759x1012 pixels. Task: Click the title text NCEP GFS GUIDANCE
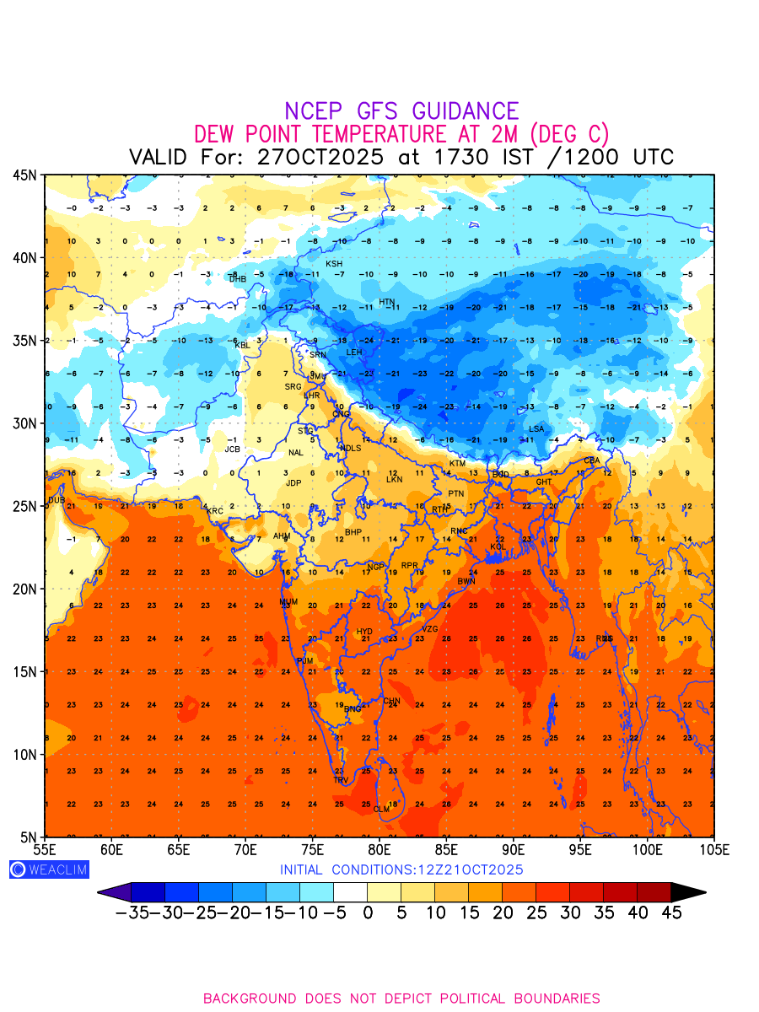click(x=401, y=111)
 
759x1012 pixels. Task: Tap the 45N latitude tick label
click(x=24, y=175)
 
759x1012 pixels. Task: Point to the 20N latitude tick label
click(x=24, y=589)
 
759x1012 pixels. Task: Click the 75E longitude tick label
click(x=312, y=849)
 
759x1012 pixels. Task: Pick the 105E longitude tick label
click(x=713, y=849)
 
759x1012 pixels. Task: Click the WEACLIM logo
click(x=48, y=869)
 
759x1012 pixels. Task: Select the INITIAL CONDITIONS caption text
click(x=401, y=869)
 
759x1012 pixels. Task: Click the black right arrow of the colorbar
click(x=688, y=892)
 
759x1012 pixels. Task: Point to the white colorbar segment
click(x=350, y=892)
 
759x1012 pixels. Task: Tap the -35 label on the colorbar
click(x=132, y=912)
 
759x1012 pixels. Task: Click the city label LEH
click(x=354, y=353)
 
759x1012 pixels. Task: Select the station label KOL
click(x=498, y=547)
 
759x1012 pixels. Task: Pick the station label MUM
click(x=288, y=602)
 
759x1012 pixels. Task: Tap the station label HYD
click(x=364, y=632)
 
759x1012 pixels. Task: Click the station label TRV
click(x=341, y=780)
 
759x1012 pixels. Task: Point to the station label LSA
click(x=536, y=429)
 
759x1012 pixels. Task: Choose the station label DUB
click(x=56, y=500)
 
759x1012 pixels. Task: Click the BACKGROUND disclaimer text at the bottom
click(x=401, y=999)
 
